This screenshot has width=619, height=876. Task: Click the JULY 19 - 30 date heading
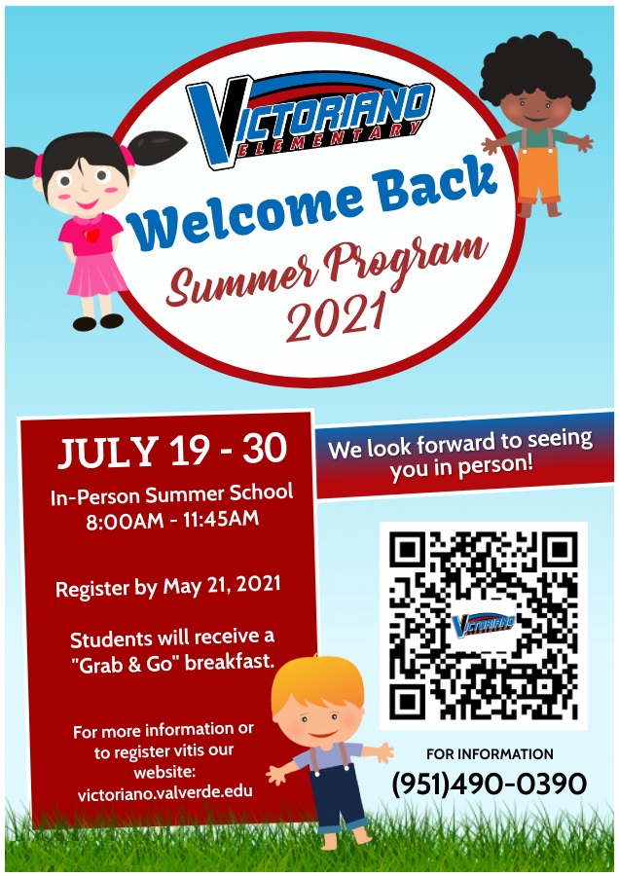point(172,451)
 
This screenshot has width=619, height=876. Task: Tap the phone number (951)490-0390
point(490,784)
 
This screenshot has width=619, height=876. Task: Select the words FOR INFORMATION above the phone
point(490,753)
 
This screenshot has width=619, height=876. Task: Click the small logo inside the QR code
point(482,623)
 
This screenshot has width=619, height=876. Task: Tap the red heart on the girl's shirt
point(91,235)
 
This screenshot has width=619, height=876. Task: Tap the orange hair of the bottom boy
point(317,689)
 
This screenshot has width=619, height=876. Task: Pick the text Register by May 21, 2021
point(167,588)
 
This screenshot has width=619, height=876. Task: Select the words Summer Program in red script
point(326,272)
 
